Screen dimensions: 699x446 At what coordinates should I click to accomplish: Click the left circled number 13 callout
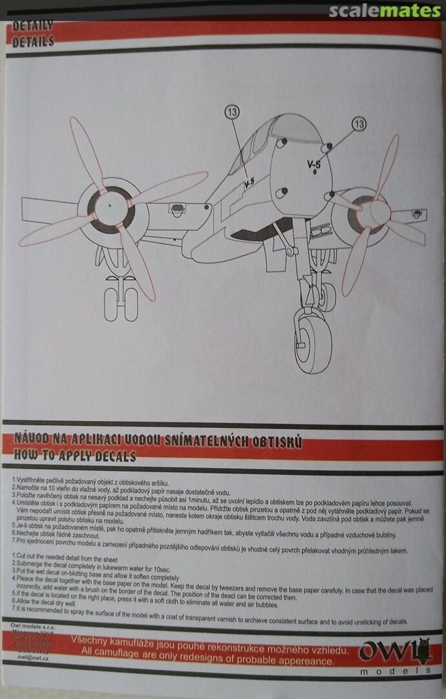pos(232,111)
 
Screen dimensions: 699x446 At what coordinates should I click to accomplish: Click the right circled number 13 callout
pos(359,123)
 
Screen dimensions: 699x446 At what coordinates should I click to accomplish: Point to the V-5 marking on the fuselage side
pos(249,184)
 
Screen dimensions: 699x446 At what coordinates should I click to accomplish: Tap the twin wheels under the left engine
pos(122,303)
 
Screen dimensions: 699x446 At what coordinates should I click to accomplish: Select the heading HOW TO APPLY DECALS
pos(74,456)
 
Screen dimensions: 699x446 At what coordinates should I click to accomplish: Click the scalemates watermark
pos(384,11)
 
